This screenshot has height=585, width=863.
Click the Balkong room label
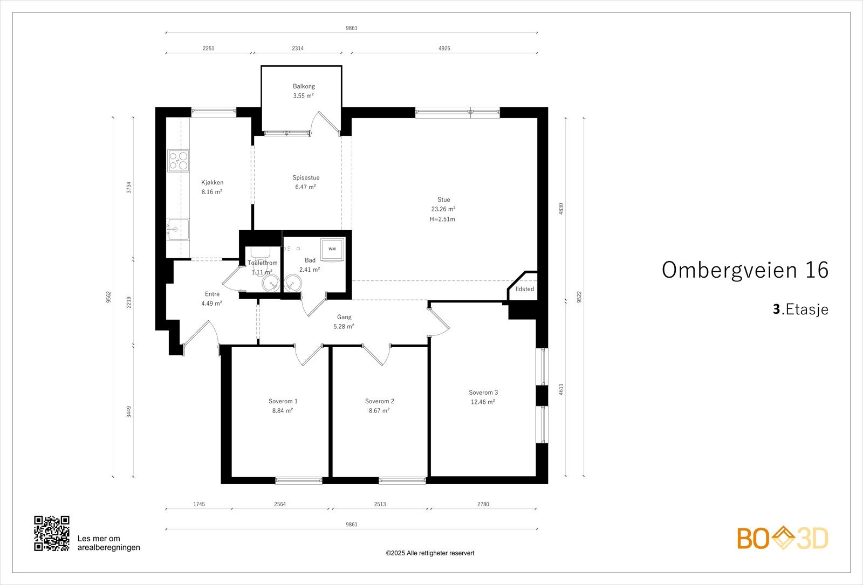(304, 86)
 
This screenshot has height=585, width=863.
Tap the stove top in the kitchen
(179, 161)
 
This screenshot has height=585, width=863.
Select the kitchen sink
(178, 230)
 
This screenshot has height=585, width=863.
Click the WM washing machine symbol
(332, 250)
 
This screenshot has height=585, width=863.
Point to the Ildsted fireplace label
(525, 289)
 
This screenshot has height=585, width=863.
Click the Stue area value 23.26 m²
(443, 209)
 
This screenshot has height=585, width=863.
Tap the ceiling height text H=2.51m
(442, 219)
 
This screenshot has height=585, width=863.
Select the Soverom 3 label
(483, 393)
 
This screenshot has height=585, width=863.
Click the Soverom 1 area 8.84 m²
(283, 410)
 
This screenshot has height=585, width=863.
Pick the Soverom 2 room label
(380, 401)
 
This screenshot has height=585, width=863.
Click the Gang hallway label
(344, 318)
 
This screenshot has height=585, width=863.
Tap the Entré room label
(213, 294)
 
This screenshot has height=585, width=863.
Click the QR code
(52, 533)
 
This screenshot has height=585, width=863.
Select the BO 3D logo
(783, 538)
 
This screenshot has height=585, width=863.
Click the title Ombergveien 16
(745, 270)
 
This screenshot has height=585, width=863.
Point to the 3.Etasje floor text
(800, 309)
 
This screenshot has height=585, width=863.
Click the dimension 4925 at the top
(444, 48)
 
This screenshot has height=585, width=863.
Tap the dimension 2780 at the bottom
(483, 504)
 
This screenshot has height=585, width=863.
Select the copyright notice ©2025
(430, 553)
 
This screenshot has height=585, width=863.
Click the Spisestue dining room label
(306, 177)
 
